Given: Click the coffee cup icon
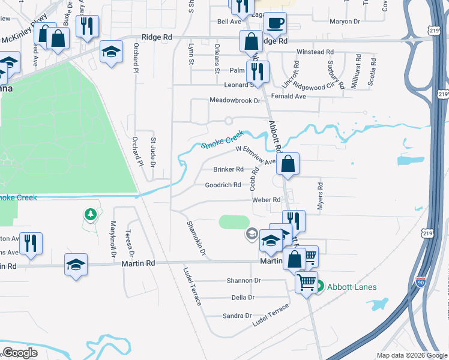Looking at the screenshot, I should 275,23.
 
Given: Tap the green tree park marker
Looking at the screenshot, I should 90,214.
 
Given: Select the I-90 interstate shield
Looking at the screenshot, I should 421,281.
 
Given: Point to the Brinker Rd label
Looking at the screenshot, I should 228,169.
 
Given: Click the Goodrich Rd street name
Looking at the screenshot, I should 223,185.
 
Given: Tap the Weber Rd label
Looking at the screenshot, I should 266,200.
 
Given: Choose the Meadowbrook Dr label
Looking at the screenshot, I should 235,100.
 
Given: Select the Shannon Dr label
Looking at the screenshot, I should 243,280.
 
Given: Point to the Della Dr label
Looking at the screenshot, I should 243,298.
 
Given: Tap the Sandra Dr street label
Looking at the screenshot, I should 237,316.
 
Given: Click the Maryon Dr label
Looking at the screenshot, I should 345,22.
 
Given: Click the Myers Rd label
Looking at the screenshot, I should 320,193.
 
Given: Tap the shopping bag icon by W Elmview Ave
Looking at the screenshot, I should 288,163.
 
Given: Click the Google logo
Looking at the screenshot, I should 20,353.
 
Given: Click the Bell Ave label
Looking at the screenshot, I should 229,22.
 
